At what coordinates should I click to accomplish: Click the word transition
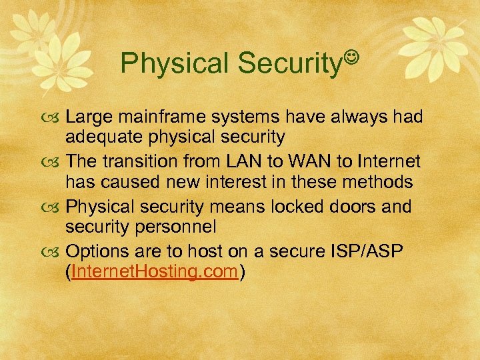tap(141, 162)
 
